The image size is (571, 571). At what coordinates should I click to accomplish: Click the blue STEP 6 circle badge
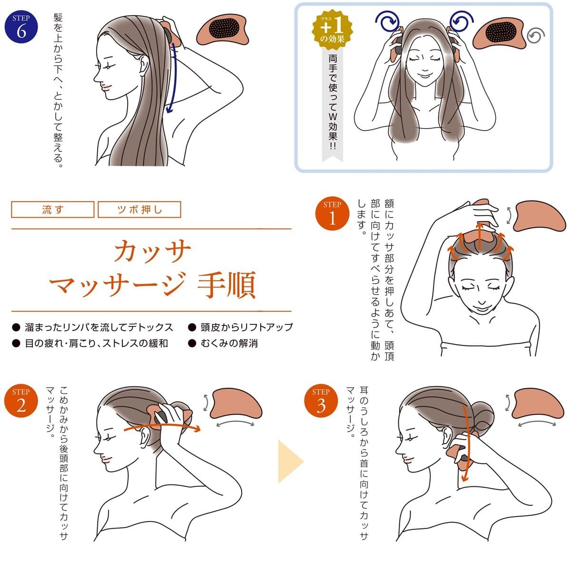click(x=21, y=27)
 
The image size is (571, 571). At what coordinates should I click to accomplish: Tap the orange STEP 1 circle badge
click(x=332, y=213)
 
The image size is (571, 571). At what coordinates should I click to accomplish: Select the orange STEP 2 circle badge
click(x=21, y=401)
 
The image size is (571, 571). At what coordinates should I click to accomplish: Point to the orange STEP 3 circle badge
click(x=321, y=401)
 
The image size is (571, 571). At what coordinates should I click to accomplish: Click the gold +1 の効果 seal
click(x=332, y=30)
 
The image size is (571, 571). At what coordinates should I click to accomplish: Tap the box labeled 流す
click(x=53, y=209)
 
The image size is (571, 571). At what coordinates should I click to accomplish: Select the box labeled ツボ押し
click(x=139, y=209)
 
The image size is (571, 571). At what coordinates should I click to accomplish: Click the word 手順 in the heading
click(x=226, y=285)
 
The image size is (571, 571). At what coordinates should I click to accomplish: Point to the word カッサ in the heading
click(x=152, y=251)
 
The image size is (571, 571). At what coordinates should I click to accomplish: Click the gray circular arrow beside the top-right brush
click(x=536, y=36)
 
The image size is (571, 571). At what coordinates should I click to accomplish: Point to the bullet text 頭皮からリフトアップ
click(x=246, y=327)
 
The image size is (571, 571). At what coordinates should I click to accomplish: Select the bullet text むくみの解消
click(x=229, y=343)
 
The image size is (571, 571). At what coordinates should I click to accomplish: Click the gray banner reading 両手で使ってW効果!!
click(x=333, y=104)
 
